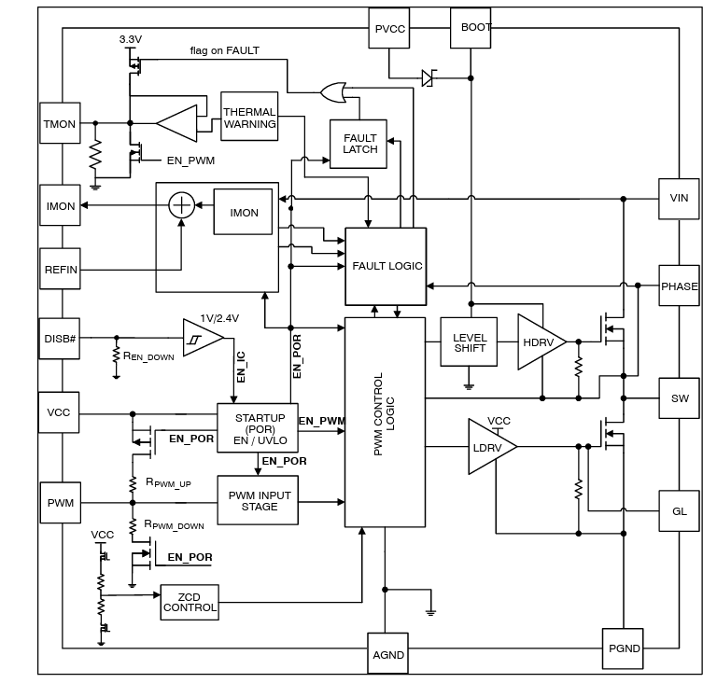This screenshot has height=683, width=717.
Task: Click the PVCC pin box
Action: click(x=390, y=28)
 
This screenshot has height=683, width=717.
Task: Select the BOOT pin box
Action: click(x=476, y=28)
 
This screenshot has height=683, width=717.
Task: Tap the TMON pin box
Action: click(x=61, y=124)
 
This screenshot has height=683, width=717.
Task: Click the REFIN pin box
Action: click(x=61, y=270)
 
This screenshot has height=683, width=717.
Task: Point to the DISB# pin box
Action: click(x=61, y=338)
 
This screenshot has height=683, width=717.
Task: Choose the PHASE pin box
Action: click(x=679, y=286)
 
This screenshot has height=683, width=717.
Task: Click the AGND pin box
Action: click(x=388, y=654)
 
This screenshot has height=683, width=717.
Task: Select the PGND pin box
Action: click(x=625, y=648)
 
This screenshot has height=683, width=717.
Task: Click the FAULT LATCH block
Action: click(x=359, y=144)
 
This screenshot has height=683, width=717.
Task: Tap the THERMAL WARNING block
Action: click(x=249, y=117)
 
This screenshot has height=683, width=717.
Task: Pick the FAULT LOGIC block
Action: click(x=387, y=266)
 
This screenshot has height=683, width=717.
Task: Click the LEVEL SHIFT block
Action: click(x=469, y=342)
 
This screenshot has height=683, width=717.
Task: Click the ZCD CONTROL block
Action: click(x=190, y=602)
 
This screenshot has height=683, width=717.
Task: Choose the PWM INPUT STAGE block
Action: click(x=259, y=501)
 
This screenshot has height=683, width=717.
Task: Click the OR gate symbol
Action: click(x=331, y=91)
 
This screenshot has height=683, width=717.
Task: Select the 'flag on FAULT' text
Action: click(x=224, y=50)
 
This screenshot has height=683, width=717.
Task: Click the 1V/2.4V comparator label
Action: click(x=219, y=318)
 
